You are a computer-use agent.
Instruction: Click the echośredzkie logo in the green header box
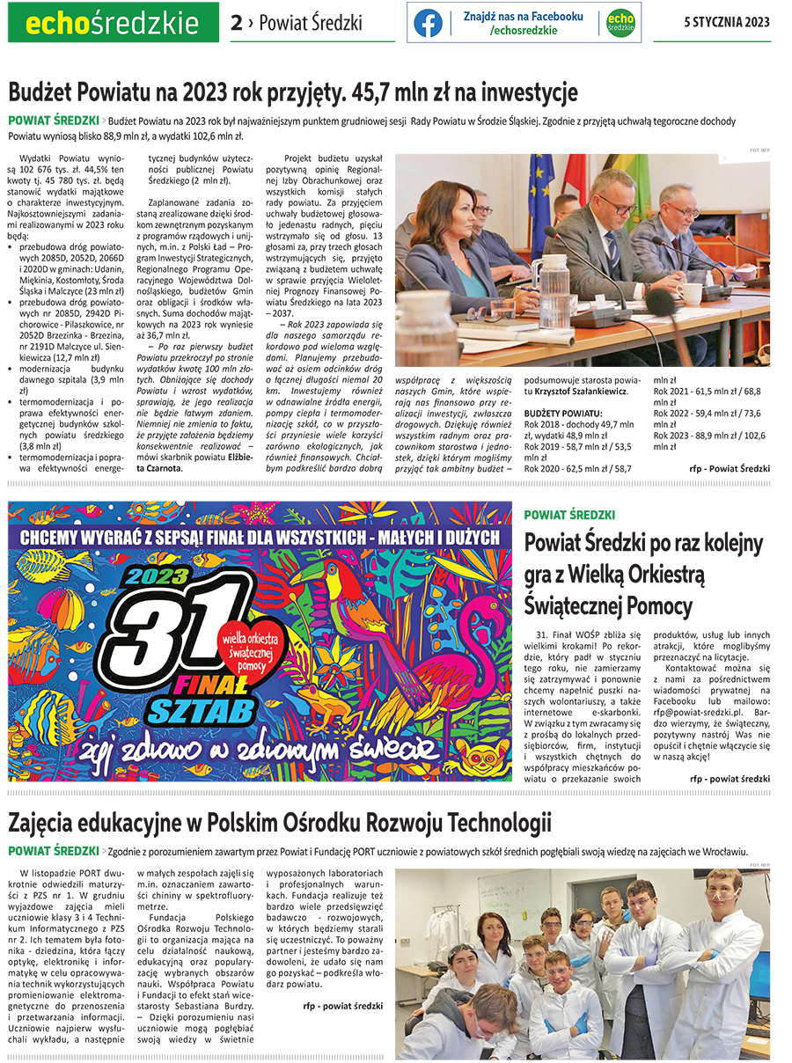coord(112,22)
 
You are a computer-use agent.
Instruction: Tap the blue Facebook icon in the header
coord(428,23)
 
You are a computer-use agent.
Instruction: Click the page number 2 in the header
coord(236,23)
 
